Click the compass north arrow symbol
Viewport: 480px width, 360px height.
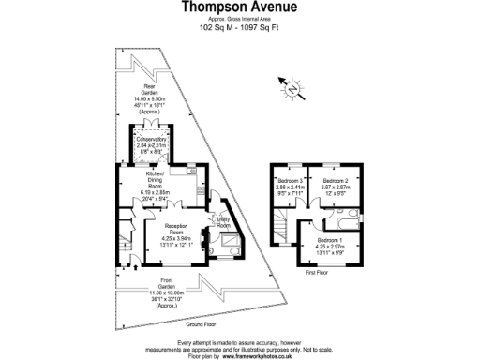click(x=292, y=88)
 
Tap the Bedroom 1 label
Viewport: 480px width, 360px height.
click(x=328, y=240)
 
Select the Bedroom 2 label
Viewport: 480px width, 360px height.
click(x=335, y=179)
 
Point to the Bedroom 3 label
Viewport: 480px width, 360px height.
click(x=289, y=179)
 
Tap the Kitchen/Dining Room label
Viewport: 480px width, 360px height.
click(x=155, y=181)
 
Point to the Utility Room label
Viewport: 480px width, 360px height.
click(x=223, y=221)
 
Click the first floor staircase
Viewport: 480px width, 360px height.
click(x=282, y=226)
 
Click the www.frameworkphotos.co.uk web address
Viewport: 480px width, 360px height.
click(x=258, y=356)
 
